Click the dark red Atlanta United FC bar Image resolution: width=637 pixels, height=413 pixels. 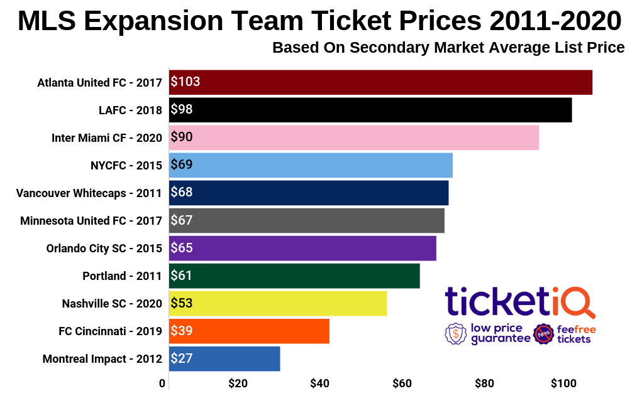(380, 82)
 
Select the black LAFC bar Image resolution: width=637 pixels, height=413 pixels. (370, 110)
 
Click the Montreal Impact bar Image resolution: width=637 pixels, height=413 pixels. (224, 358)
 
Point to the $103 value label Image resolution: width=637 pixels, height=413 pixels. (186, 82)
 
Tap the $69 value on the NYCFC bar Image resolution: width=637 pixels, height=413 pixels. (182, 165)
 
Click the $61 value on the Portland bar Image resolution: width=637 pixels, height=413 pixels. (182, 276)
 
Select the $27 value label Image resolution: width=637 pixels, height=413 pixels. (182, 358)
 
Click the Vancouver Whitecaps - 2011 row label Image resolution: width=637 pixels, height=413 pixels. (89, 193)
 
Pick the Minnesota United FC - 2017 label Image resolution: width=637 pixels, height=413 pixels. (91, 221)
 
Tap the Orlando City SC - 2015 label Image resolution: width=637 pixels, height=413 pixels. (104, 249)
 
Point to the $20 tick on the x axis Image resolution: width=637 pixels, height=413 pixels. (238, 384)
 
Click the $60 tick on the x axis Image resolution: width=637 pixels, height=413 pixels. (402, 384)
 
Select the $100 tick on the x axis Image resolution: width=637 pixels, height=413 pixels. (563, 384)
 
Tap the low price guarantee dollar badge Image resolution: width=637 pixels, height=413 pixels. (455, 334)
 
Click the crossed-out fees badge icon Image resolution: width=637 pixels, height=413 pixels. (543, 334)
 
